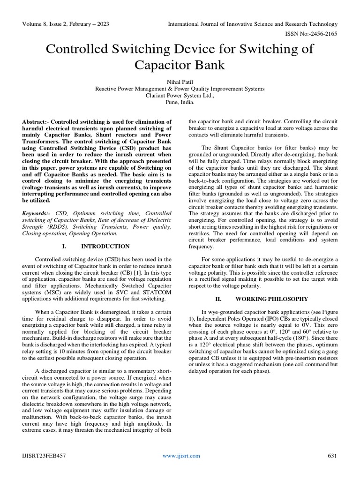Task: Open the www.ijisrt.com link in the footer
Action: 181,456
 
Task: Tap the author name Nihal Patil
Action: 180,81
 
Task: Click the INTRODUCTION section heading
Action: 105,246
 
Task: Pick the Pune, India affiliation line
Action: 180,102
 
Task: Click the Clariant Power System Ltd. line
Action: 180,95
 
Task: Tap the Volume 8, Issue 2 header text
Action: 66,24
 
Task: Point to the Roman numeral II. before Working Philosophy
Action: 218,299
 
